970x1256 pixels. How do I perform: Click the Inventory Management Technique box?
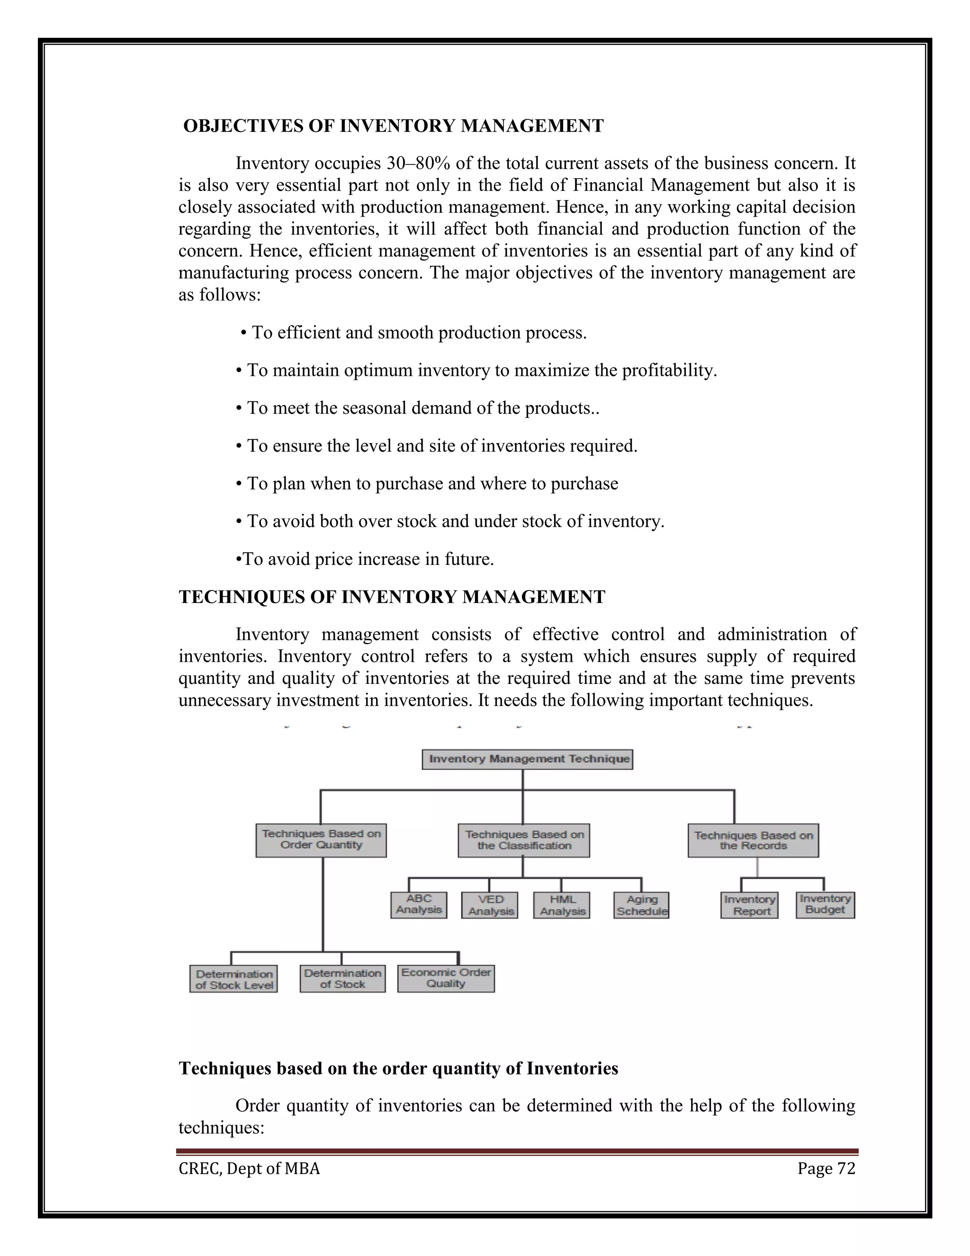point(527,759)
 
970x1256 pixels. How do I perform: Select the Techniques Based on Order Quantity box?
point(321,840)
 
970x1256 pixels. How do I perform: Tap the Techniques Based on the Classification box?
point(523,840)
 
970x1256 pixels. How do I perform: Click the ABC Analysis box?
point(418,905)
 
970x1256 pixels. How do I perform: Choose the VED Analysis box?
point(490,905)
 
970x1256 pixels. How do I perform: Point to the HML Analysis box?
point(561,905)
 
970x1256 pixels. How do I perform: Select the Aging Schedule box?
point(641,905)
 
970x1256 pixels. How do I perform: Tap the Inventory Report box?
point(749,905)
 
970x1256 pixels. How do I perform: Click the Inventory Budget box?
point(825,905)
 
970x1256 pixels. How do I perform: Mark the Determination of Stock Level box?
point(234,979)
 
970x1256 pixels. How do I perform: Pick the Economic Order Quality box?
point(446,978)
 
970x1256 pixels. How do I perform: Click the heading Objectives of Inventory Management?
point(393,126)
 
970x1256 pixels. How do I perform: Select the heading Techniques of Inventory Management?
point(392,597)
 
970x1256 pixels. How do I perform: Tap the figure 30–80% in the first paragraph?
point(418,164)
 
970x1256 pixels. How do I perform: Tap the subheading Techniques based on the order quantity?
point(398,1068)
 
